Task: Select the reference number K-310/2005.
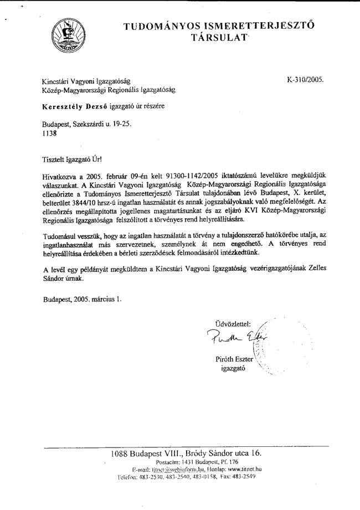point(305,80)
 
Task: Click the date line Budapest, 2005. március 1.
point(83,300)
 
